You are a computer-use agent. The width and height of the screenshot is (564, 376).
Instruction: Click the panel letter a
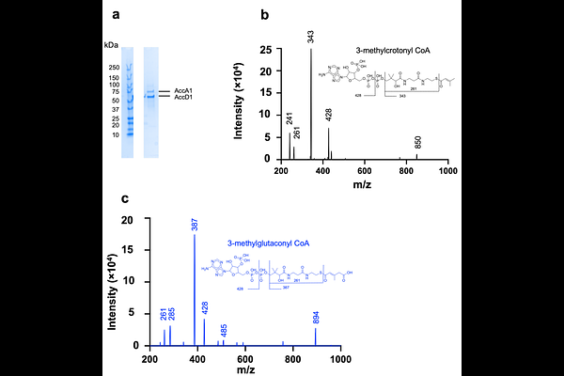pos(116,15)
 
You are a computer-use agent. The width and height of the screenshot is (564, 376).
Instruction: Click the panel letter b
pos(266,15)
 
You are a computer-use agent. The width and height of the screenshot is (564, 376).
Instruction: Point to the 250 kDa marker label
pos(113,68)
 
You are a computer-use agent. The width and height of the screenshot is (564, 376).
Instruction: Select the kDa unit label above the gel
pos(111,45)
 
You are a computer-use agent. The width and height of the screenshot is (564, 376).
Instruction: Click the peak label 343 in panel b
pos(310,38)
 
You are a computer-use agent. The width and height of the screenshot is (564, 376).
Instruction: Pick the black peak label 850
pos(418,143)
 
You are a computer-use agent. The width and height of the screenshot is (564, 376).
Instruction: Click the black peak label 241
pos(290,120)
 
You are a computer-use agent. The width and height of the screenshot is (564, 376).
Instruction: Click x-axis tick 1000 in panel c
pos(339,358)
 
